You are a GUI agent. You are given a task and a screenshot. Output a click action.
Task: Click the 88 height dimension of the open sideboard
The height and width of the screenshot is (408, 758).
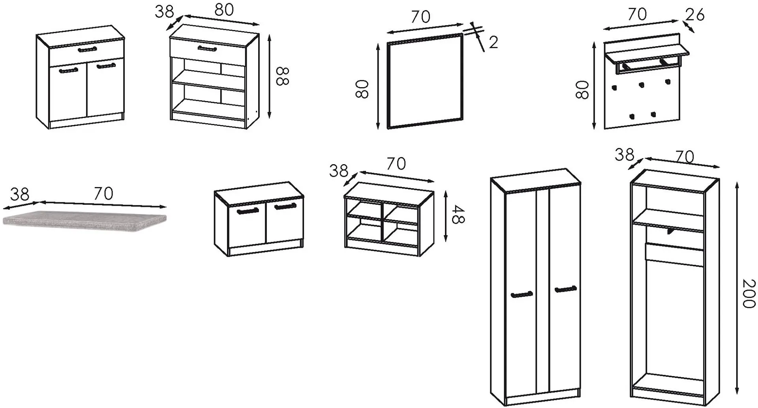pos(283,76)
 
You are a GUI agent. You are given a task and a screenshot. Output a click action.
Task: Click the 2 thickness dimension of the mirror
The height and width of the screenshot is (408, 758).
pos(493,42)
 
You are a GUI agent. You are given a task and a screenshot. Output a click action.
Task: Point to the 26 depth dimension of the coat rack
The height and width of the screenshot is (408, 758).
pos(694,15)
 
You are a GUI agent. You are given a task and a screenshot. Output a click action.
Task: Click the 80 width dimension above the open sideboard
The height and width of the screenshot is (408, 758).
pos(224,10)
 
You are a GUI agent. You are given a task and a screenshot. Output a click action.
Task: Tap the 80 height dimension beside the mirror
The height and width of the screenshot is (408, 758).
pos(362,88)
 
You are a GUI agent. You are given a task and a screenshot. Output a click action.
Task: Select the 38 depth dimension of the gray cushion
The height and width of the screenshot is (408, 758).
pos(20,194)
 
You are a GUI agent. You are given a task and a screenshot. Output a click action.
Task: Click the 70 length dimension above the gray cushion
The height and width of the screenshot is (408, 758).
pos(103,193)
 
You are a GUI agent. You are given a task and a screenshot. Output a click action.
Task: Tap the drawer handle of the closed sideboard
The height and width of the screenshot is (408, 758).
pos(87,49)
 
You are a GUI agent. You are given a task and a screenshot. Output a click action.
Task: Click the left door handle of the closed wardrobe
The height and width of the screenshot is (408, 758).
pos(522,294)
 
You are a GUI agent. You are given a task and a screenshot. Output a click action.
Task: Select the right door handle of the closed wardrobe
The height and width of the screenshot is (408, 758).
pos(566,289)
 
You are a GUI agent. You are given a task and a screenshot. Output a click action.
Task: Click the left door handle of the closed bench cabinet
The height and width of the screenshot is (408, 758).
pos(248,211)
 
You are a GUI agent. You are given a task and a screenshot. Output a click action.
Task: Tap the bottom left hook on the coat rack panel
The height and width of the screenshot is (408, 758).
pos(632,116)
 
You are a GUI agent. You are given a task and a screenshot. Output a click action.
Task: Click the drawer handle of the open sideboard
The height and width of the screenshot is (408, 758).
pos(207,49)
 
